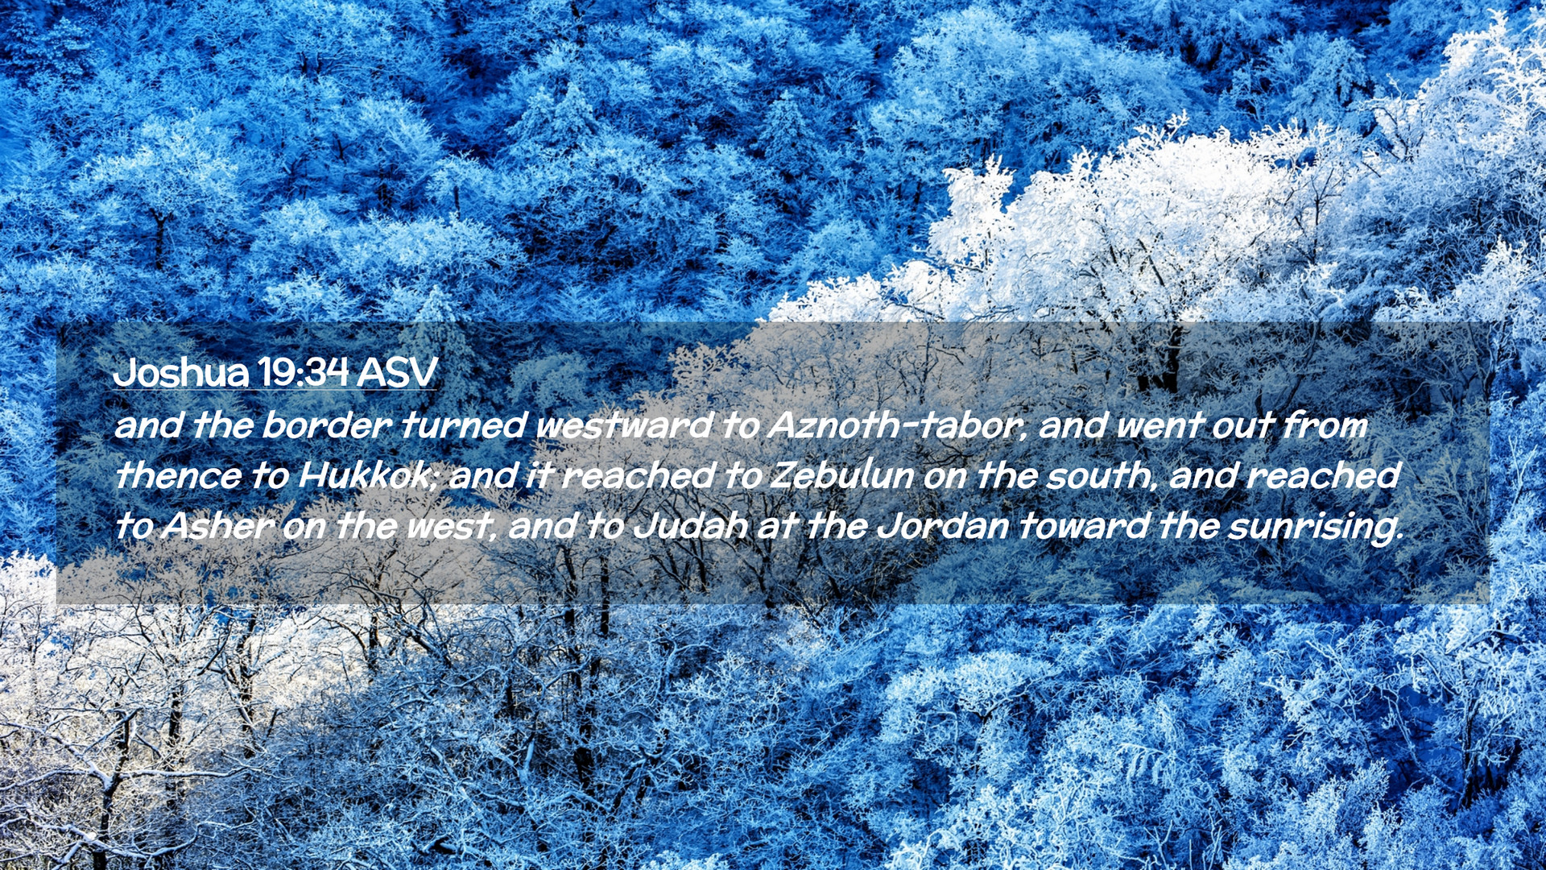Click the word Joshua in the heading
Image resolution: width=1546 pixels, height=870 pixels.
[181, 372]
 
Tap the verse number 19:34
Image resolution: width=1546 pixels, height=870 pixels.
[303, 372]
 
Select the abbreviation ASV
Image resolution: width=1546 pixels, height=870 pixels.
[397, 372]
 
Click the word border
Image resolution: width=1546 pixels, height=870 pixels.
[327, 425]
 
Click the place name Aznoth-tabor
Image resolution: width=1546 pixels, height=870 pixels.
[897, 425]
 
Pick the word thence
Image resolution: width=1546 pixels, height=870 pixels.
[178, 475]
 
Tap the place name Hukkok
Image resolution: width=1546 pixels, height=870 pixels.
[367, 475]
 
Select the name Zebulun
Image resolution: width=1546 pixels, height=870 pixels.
[842, 475]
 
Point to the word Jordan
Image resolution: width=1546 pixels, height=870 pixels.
[942, 526]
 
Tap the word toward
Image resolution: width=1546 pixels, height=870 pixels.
[1084, 526]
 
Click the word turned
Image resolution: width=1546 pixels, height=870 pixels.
[464, 425]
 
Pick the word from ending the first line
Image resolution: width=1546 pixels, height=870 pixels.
[1325, 425]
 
